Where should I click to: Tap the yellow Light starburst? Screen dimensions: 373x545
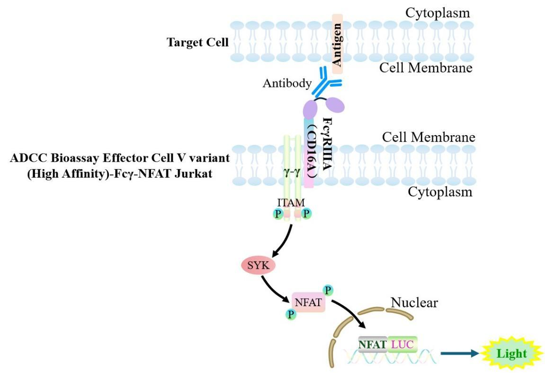[x=512, y=354]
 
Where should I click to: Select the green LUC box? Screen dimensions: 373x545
[x=402, y=345]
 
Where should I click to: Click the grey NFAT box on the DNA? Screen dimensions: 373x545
[x=373, y=345]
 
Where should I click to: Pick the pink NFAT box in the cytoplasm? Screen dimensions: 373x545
[x=308, y=302]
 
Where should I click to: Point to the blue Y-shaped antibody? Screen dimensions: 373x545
[x=326, y=80]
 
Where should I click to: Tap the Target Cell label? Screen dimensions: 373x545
[x=197, y=42]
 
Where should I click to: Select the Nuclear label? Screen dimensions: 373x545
[x=414, y=302]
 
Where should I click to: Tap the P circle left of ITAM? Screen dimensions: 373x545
[x=277, y=214]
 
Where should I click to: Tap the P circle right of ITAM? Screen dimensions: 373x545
[x=306, y=214]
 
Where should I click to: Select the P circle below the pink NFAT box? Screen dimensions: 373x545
[x=291, y=314]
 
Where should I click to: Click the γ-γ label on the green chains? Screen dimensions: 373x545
[x=292, y=173]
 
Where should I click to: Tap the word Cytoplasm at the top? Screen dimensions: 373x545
[x=437, y=13]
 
